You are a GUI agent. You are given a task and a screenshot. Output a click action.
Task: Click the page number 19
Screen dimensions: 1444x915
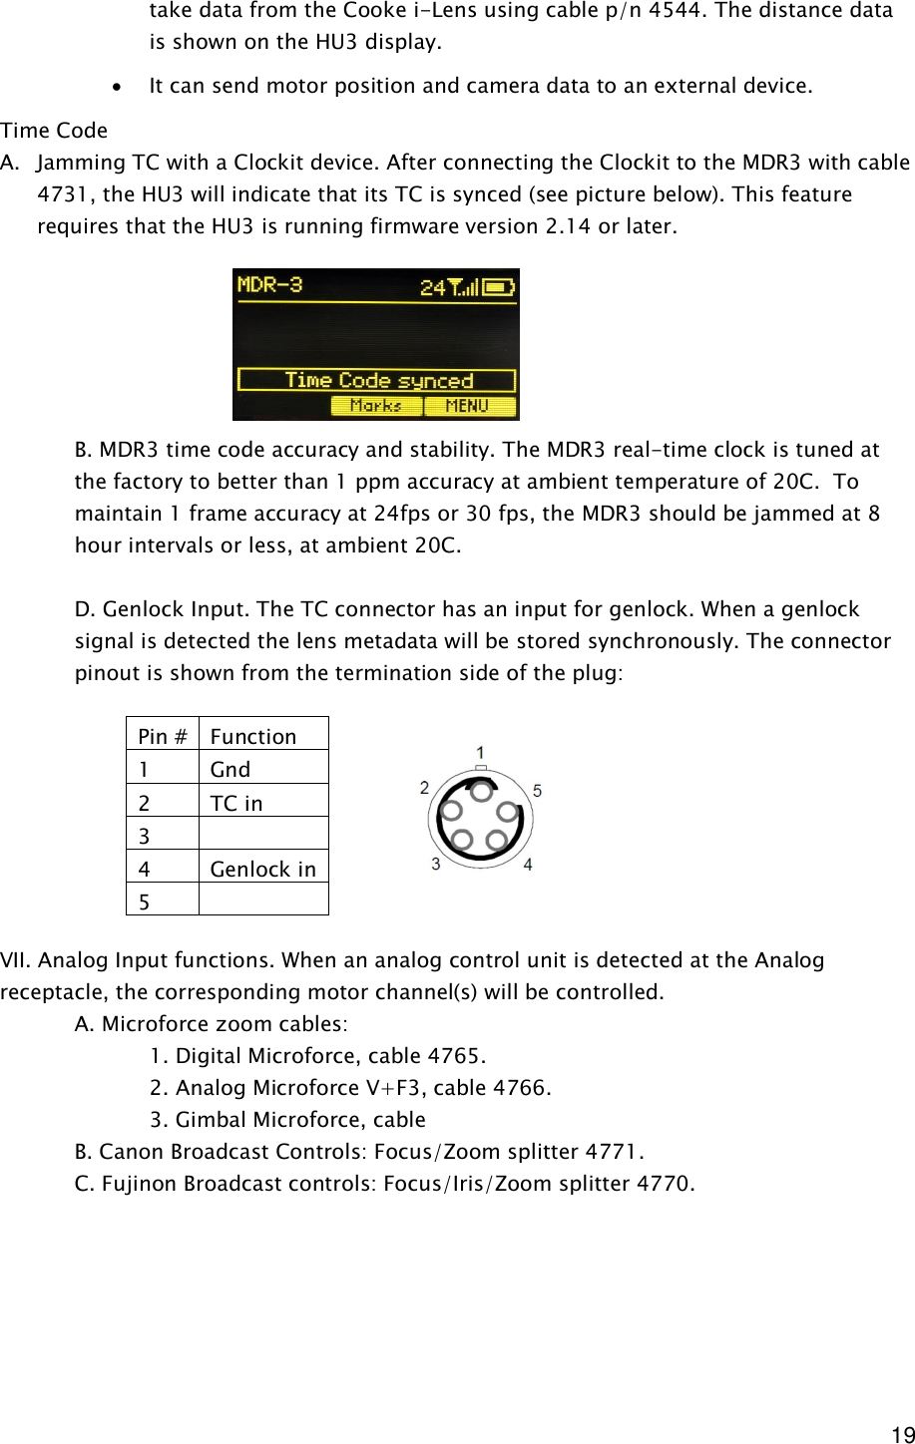(x=902, y=1434)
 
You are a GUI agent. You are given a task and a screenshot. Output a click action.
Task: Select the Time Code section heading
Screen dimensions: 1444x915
(x=54, y=131)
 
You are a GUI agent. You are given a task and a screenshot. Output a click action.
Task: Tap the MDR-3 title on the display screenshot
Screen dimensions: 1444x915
(x=269, y=285)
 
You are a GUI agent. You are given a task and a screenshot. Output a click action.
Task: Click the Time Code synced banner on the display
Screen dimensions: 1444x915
(x=376, y=380)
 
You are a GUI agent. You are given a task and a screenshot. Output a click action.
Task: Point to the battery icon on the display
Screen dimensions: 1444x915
(x=499, y=287)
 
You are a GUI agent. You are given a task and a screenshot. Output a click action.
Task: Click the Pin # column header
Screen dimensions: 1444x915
(x=162, y=736)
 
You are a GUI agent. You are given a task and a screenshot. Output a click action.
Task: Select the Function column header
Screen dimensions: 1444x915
(x=253, y=736)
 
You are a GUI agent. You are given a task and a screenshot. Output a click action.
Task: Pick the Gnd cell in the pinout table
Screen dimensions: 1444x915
(x=230, y=769)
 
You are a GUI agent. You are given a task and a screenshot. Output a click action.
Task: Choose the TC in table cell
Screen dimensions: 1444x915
(x=236, y=803)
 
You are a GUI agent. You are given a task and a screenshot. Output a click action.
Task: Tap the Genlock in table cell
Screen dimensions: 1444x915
(x=262, y=869)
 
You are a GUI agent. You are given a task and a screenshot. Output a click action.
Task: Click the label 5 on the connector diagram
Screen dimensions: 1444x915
(x=538, y=791)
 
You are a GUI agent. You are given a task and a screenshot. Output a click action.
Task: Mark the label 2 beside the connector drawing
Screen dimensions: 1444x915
(x=424, y=788)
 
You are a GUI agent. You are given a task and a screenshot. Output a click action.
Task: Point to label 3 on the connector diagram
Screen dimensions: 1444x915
(x=435, y=864)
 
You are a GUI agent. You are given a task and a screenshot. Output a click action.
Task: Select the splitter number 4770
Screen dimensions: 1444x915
(x=663, y=1184)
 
